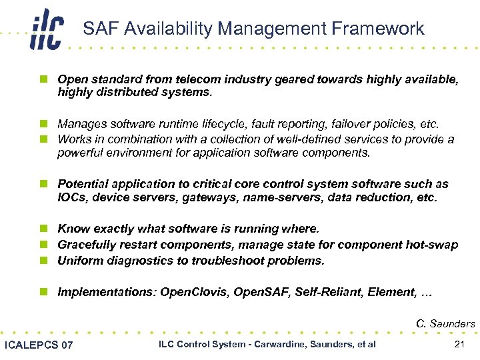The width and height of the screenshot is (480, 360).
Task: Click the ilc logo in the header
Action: point(46,30)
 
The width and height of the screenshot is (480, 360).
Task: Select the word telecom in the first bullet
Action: point(178,79)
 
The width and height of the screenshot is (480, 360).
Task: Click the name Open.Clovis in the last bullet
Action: point(195,292)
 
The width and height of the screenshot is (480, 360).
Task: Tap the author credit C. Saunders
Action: point(445,324)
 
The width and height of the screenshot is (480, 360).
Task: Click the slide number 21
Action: point(458,344)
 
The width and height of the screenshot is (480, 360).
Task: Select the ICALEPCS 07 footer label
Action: point(39,345)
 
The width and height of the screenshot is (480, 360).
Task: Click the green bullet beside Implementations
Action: point(43,292)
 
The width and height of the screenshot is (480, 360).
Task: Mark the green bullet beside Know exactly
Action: point(43,229)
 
